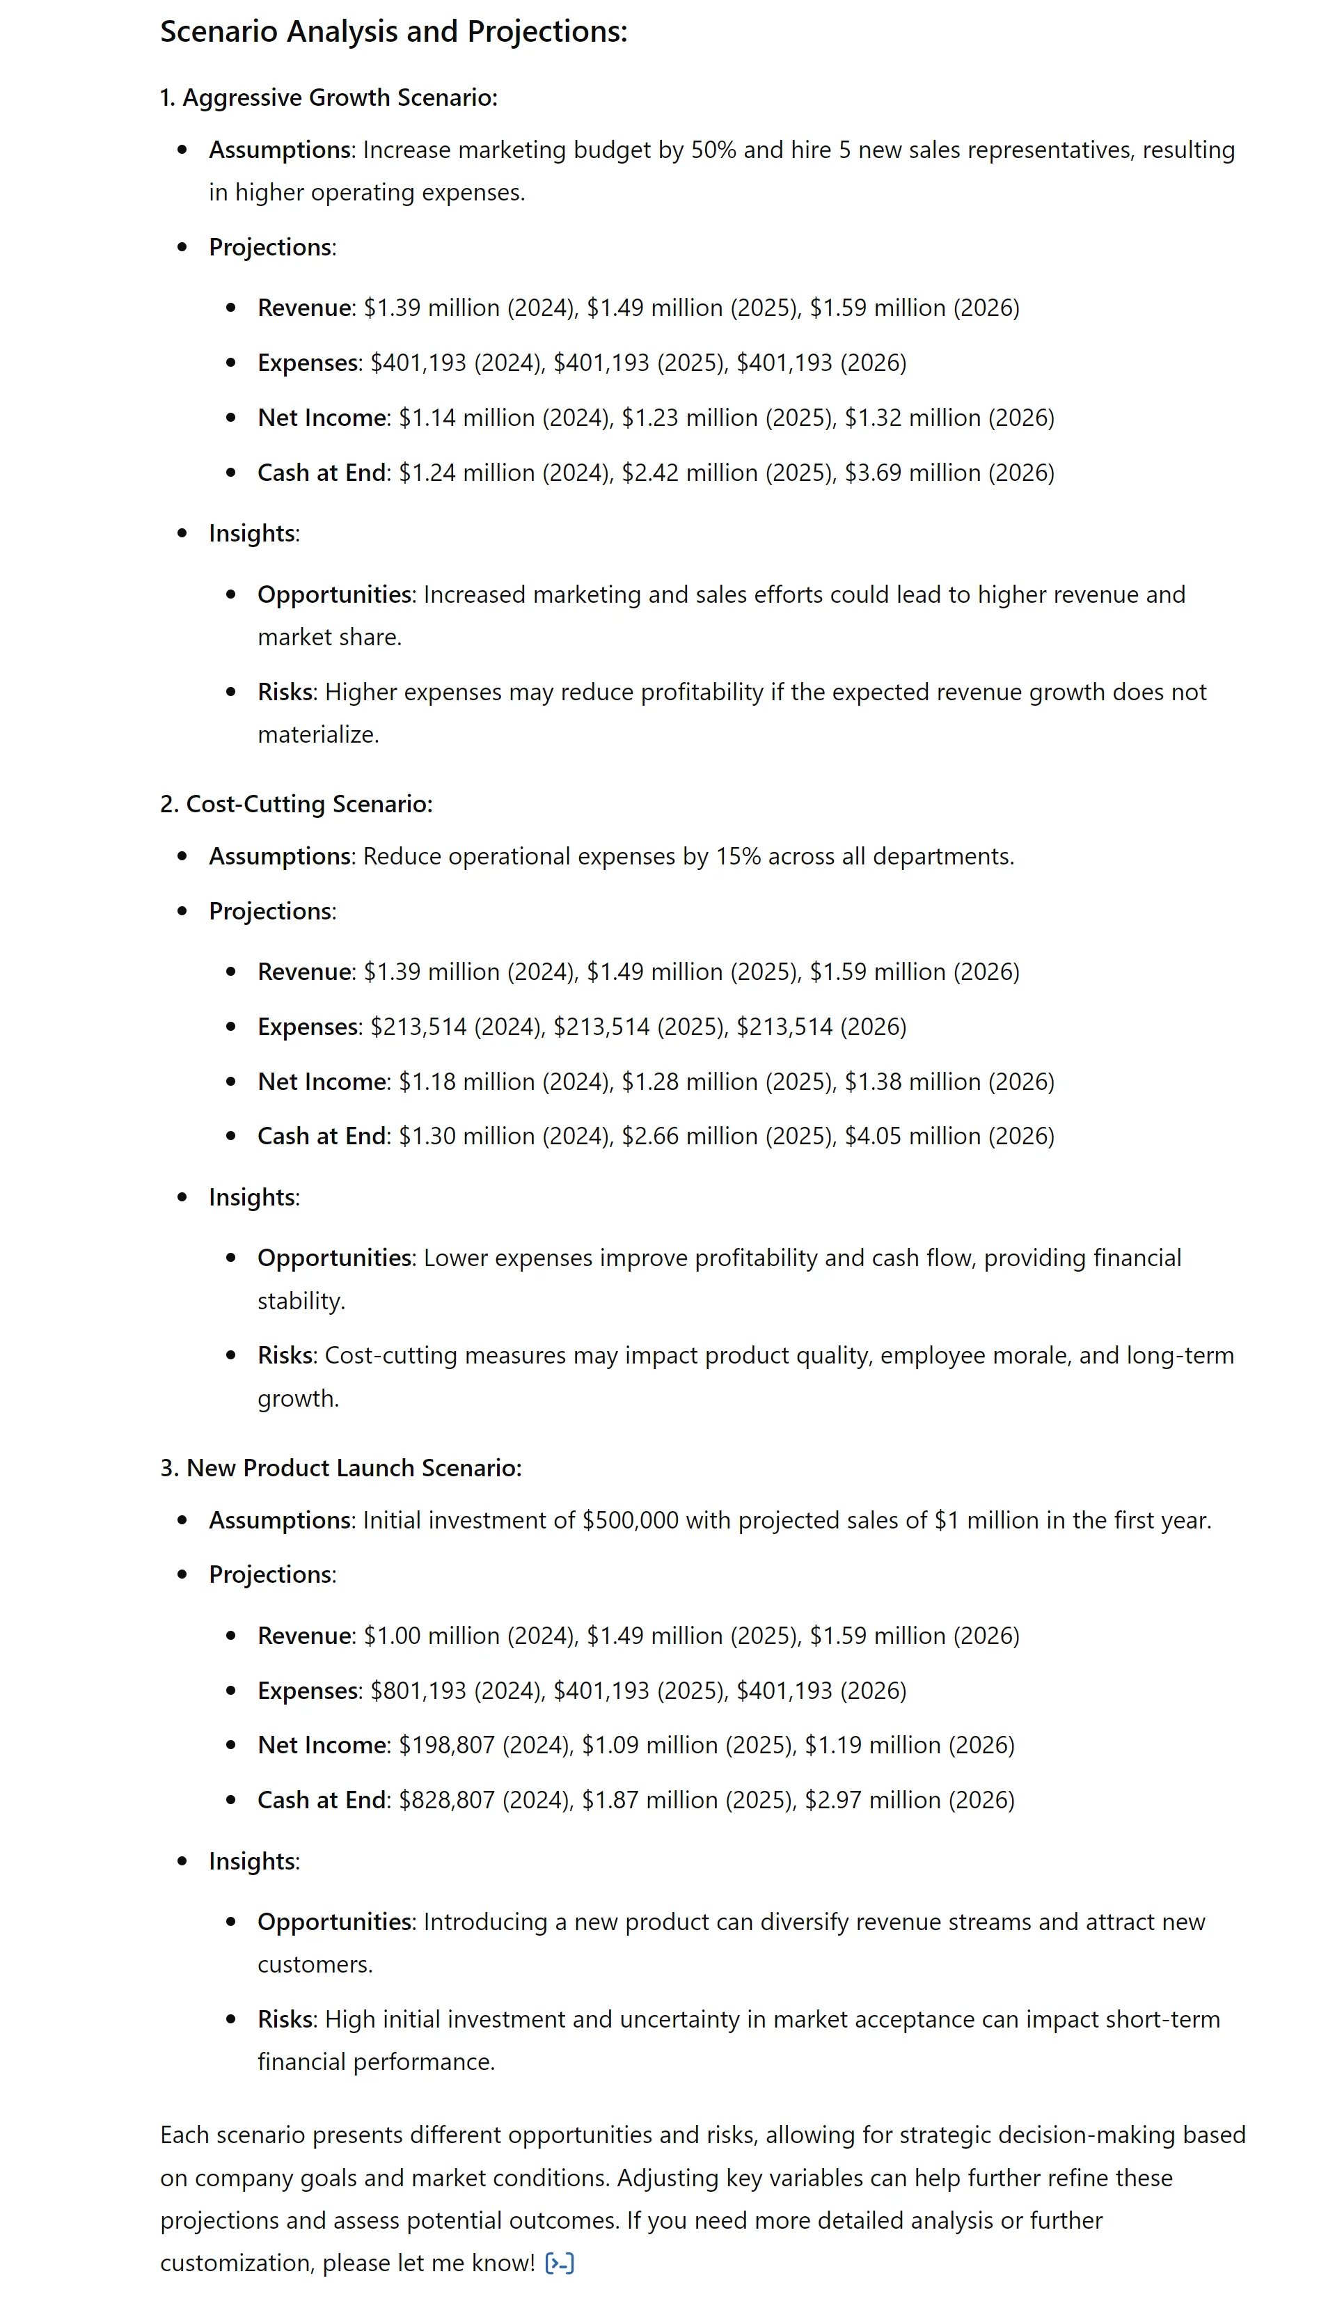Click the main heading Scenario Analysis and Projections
[393, 32]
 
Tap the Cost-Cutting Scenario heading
[296, 804]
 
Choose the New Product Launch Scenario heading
[340, 1468]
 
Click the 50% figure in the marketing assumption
[713, 150]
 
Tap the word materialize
[317, 734]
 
